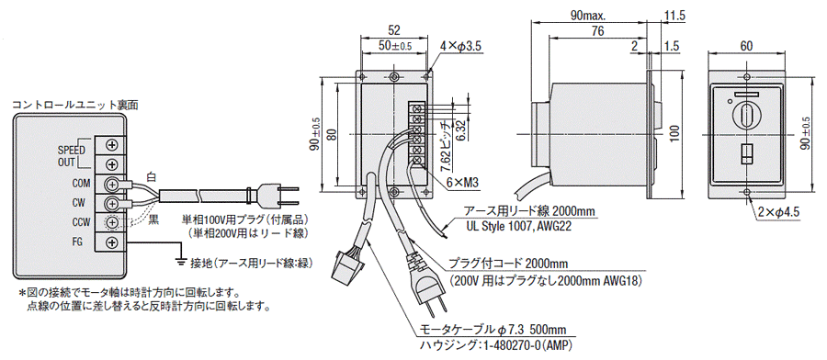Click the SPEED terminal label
(x=71, y=151)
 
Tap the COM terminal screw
(x=112, y=184)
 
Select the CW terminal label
(x=78, y=203)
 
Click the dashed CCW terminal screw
(x=112, y=223)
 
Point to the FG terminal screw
(x=112, y=242)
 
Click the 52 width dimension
(x=393, y=29)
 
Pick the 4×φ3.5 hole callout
(x=461, y=48)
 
